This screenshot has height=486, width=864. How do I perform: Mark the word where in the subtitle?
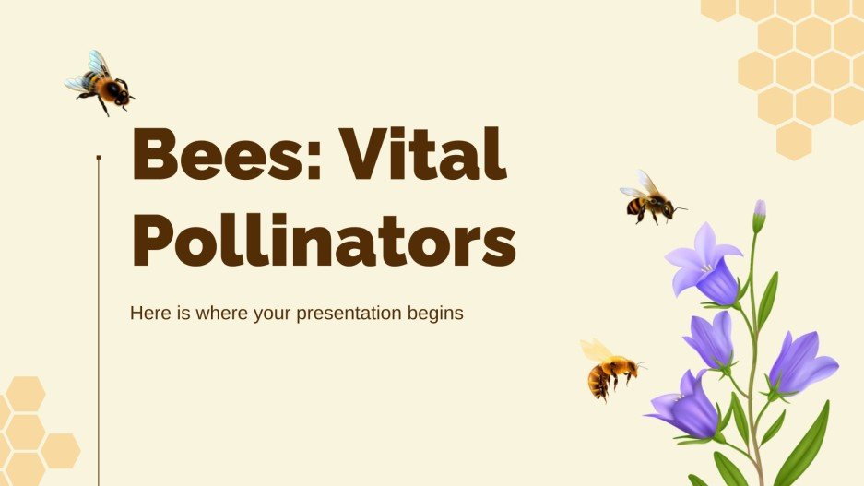(x=213, y=313)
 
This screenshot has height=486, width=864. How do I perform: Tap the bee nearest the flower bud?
(x=650, y=197)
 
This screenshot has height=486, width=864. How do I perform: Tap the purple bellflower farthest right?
(x=800, y=362)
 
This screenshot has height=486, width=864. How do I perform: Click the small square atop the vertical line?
(x=99, y=158)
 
